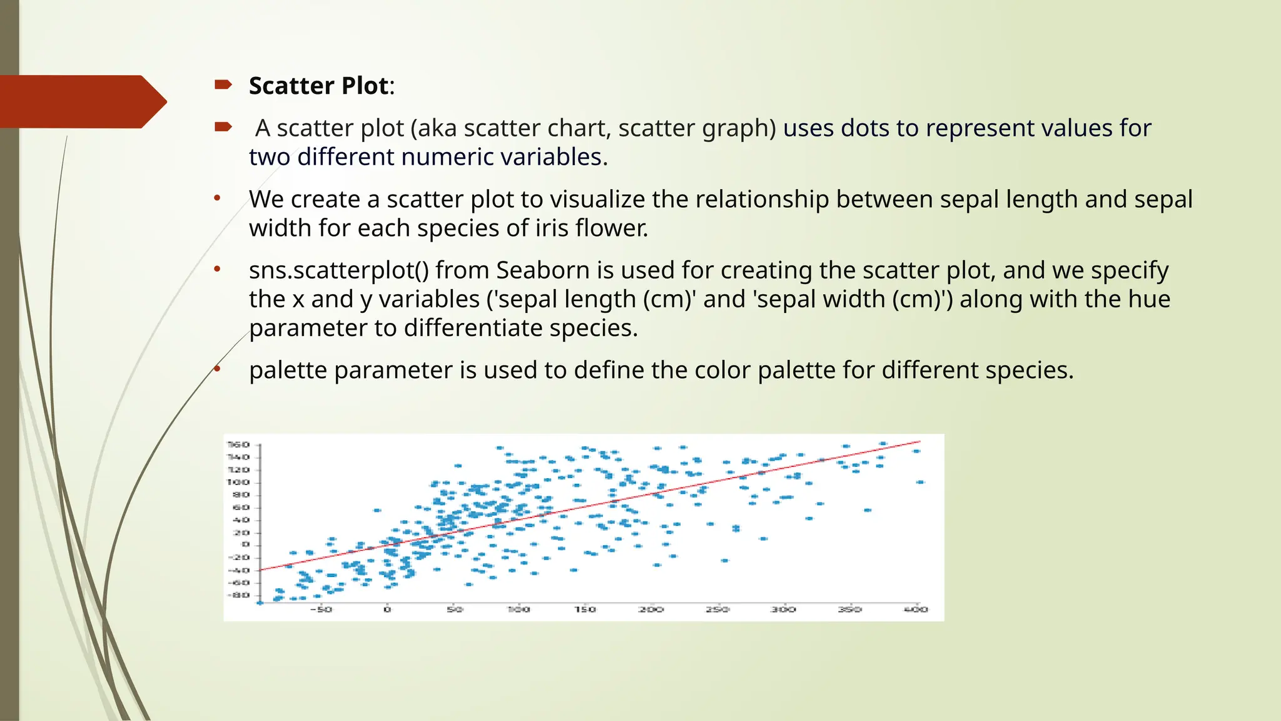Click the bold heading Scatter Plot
319,86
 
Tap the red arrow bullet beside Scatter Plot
223,84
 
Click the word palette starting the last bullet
288,371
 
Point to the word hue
1149,299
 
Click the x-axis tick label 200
651,609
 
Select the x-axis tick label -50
321,609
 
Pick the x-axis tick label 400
916,609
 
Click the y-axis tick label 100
238,482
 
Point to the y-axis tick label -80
238,595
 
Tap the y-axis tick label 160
238,444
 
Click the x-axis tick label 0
387,609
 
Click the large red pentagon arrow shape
81,101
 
